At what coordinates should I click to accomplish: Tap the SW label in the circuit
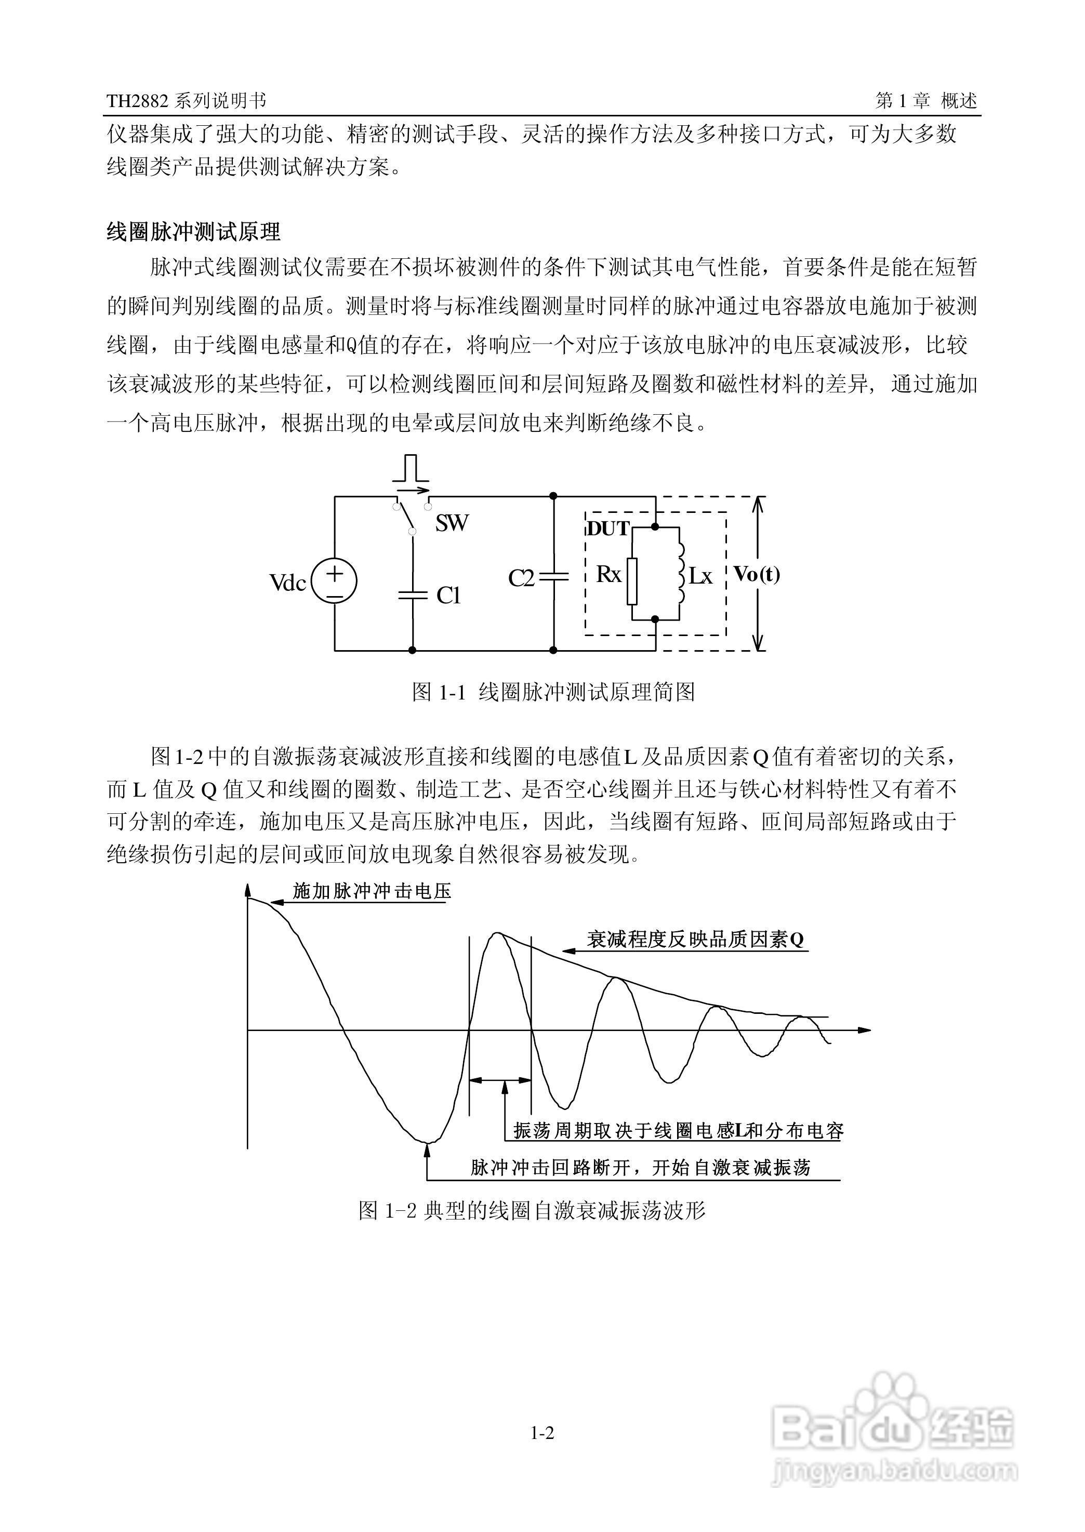tap(452, 523)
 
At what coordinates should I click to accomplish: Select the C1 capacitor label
tap(449, 596)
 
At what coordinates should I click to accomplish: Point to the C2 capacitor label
tap(521, 578)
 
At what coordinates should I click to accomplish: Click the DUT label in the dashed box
tap(607, 529)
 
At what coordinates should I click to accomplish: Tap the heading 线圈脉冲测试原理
tap(194, 232)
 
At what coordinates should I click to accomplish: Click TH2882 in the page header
tap(138, 101)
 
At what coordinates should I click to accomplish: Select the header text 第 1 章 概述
tap(926, 101)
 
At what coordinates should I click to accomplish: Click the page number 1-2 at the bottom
tap(542, 1432)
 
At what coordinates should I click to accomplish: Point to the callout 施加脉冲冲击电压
tap(372, 891)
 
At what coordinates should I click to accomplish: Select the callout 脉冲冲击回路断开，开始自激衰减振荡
tap(640, 1168)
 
